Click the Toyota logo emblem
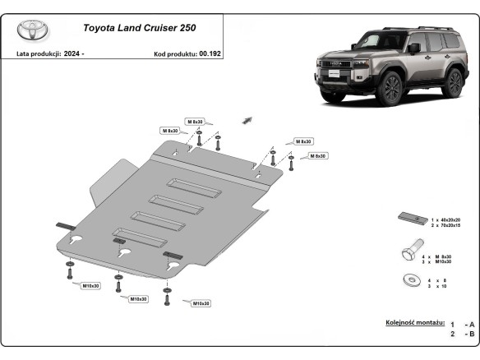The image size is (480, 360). [x=33, y=30]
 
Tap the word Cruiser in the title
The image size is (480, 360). [x=158, y=28]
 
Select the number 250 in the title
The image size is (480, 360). [x=195, y=28]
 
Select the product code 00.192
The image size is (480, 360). [x=210, y=53]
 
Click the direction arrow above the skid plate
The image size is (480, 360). [x=246, y=120]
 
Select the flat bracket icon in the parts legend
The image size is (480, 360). [x=408, y=218]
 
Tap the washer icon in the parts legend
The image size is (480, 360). [x=408, y=279]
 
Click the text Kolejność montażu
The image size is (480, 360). [x=414, y=324]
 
